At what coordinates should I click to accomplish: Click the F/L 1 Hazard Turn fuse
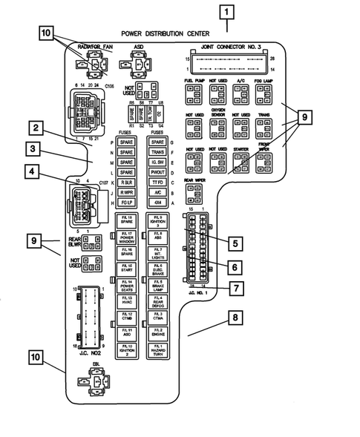point(157,349)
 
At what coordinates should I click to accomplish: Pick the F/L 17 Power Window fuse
point(126,237)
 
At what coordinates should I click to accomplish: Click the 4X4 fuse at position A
point(157,203)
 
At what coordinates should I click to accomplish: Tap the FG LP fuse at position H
point(126,203)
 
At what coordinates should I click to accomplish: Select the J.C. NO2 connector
point(89,315)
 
